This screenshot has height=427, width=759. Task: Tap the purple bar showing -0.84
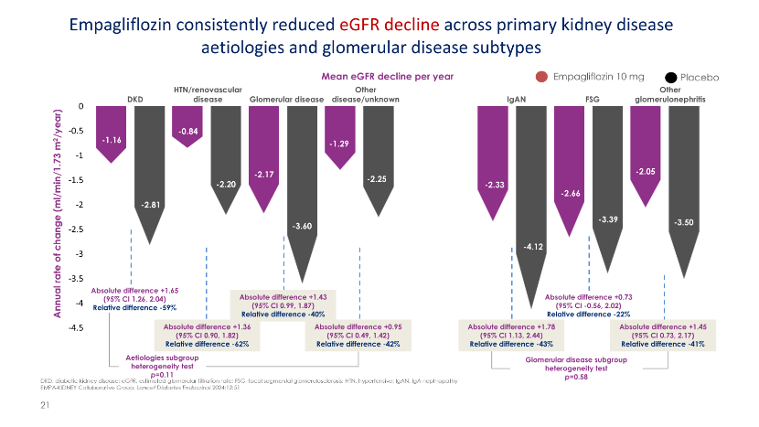tap(188, 123)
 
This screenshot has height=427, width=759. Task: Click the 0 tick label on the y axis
tap(80, 106)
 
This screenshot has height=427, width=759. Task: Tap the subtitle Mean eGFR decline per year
tap(389, 77)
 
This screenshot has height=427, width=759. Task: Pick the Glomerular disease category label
tap(285, 98)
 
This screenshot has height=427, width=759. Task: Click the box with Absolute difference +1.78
tap(504, 336)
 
